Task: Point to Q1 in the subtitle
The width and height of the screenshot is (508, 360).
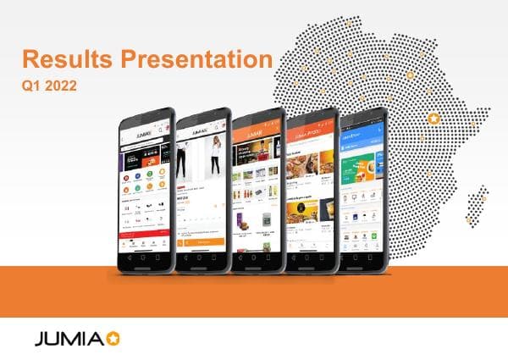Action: [x=31, y=85]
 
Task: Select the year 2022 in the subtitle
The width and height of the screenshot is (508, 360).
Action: [x=60, y=85]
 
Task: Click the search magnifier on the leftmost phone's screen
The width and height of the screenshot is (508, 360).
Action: [x=159, y=129]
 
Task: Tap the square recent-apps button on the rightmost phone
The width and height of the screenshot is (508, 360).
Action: [x=378, y=257]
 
